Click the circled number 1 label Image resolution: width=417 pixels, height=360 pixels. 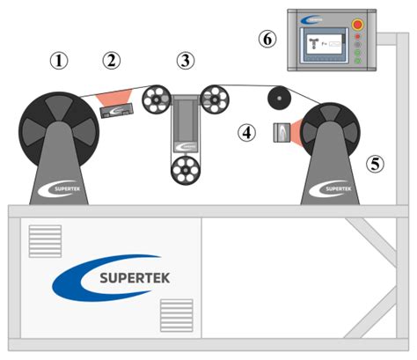[x=59, y=61]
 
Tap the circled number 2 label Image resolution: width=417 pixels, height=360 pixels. [x=111, y=61]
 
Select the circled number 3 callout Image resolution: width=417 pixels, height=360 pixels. [x=185, y=61]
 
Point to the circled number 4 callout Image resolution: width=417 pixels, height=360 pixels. [x=248, y=132]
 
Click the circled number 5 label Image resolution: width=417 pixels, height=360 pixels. [x=377, y=164]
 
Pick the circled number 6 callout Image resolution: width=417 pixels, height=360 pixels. [x=267, y=39]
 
